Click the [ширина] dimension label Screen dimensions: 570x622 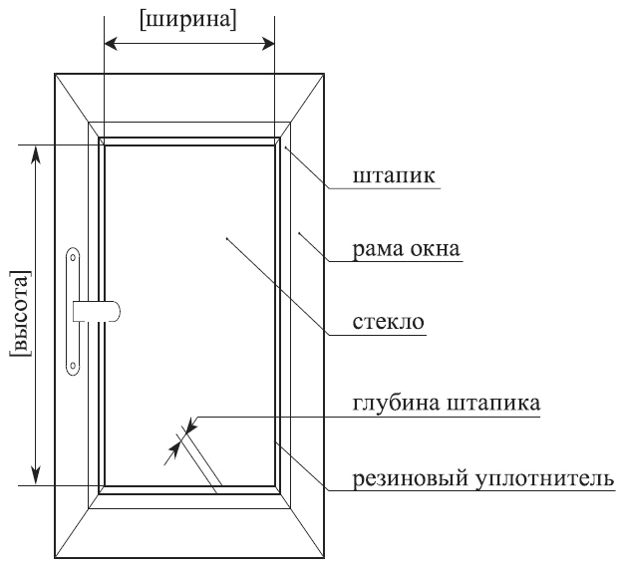(x=188, y=20)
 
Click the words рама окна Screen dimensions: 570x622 (x=407, y=249)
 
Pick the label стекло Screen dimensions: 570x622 (x=389, y=324)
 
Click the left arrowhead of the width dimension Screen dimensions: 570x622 (x=111, y=44)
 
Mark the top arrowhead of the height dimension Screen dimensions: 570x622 (x=37, y=151)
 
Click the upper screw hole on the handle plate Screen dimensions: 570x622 (x=73, y=258)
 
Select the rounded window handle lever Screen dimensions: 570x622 (x=100, y=311)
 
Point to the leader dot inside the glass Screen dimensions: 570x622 (x=227, y=238)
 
